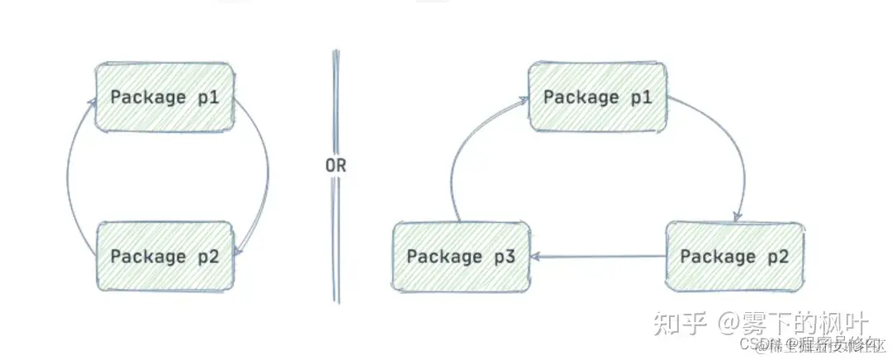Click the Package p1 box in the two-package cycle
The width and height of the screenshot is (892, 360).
point(164,97)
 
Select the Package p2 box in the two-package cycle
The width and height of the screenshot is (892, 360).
point(164,256)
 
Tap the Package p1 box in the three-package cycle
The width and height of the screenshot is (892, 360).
point(597,97)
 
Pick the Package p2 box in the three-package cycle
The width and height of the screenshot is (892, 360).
point(733,256)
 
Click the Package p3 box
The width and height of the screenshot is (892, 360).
point(461,256)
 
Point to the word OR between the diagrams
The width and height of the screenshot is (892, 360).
point(335,165)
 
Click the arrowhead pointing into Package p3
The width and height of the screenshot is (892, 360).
point(539,257)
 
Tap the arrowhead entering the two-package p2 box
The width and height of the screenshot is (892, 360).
point(238,249)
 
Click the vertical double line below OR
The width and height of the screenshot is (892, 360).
point(336,239)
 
